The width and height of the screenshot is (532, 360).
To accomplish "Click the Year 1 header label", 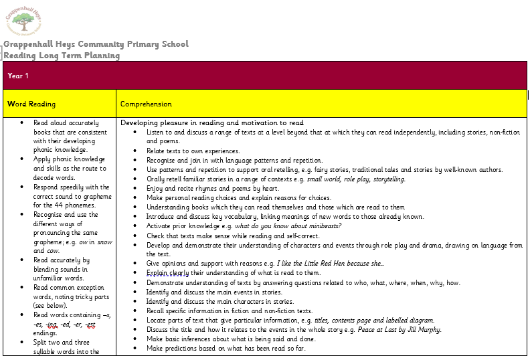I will (18, 76).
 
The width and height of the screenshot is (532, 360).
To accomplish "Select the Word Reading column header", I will (31, 104).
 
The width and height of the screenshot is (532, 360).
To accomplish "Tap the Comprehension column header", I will (146, 104).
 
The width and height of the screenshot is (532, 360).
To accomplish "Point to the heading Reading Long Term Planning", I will (62, 56).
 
